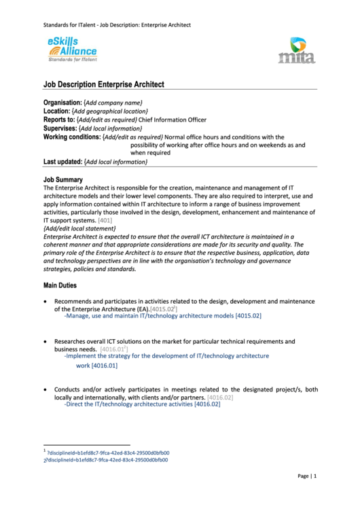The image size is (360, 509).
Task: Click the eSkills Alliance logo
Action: pos(72,50)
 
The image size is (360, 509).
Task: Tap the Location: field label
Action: pos(56,111)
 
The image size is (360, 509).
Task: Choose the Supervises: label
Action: pos(60,128)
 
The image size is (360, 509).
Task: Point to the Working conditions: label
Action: pos(71,137)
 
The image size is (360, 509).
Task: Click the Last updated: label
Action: pos(62,162)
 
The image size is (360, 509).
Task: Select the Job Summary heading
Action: pos(62,179)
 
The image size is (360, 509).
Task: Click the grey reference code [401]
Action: pos(105,221)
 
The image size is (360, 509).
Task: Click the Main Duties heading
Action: pos(60,285)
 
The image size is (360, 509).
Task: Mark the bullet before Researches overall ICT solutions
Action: pos(46,341)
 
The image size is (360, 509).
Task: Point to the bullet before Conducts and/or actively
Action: pos(46,389)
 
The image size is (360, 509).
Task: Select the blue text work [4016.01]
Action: pos(96,365)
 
